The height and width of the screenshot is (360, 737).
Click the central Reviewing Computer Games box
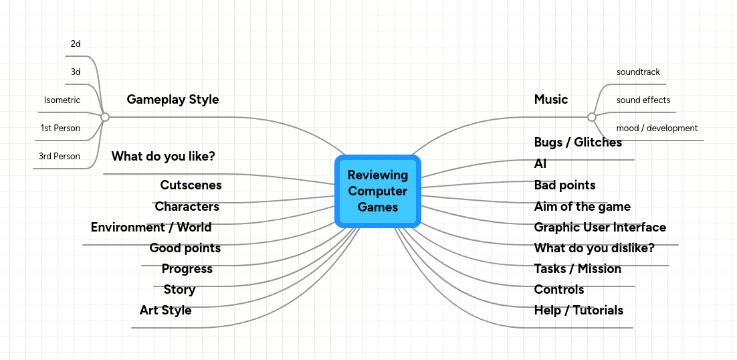(377, 191)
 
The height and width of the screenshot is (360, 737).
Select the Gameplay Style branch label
(173, 100)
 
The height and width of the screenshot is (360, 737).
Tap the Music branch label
(550, 100)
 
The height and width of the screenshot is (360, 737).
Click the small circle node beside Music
(591, 117)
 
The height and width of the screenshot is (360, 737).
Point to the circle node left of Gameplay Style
(105, 117)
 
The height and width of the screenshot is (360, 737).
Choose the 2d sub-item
(76, 44)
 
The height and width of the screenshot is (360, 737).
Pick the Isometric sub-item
(62, 100)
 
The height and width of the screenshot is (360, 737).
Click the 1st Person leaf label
(60, 128)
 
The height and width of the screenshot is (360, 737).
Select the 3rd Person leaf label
(59, 157)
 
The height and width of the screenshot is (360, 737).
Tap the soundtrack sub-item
(638, 72)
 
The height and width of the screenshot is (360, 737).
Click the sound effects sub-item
(643, 100)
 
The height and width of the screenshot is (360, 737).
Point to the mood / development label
(657, 128)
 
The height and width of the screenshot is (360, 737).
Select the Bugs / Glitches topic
(578, 143)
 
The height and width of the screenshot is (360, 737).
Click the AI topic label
(540, 164)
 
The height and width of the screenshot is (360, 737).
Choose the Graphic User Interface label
(600, 228)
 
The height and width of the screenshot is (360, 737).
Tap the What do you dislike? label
(594, 248)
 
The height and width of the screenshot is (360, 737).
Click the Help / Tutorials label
(578, 310)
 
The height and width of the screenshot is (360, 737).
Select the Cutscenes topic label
(191, 185)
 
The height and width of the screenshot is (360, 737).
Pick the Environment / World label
(151, 228)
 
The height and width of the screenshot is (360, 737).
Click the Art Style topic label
(165, 310)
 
